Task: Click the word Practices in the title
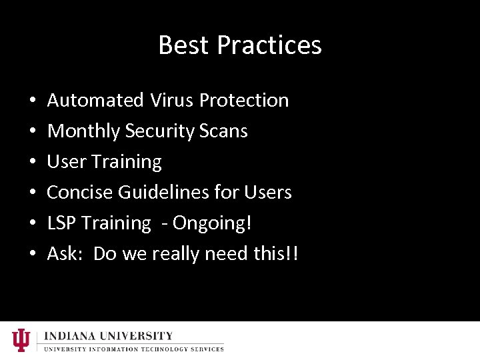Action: click(x=269, y=45)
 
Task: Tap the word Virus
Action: click(x=171, y=101)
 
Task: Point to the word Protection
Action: click(x=244, y=101)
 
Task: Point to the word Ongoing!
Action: click(x=212, y=223)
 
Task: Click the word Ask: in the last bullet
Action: click(x=65, y=254)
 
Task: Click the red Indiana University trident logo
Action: click(x=21, y=340)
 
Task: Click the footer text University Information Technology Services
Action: click(x=134, y=349)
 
